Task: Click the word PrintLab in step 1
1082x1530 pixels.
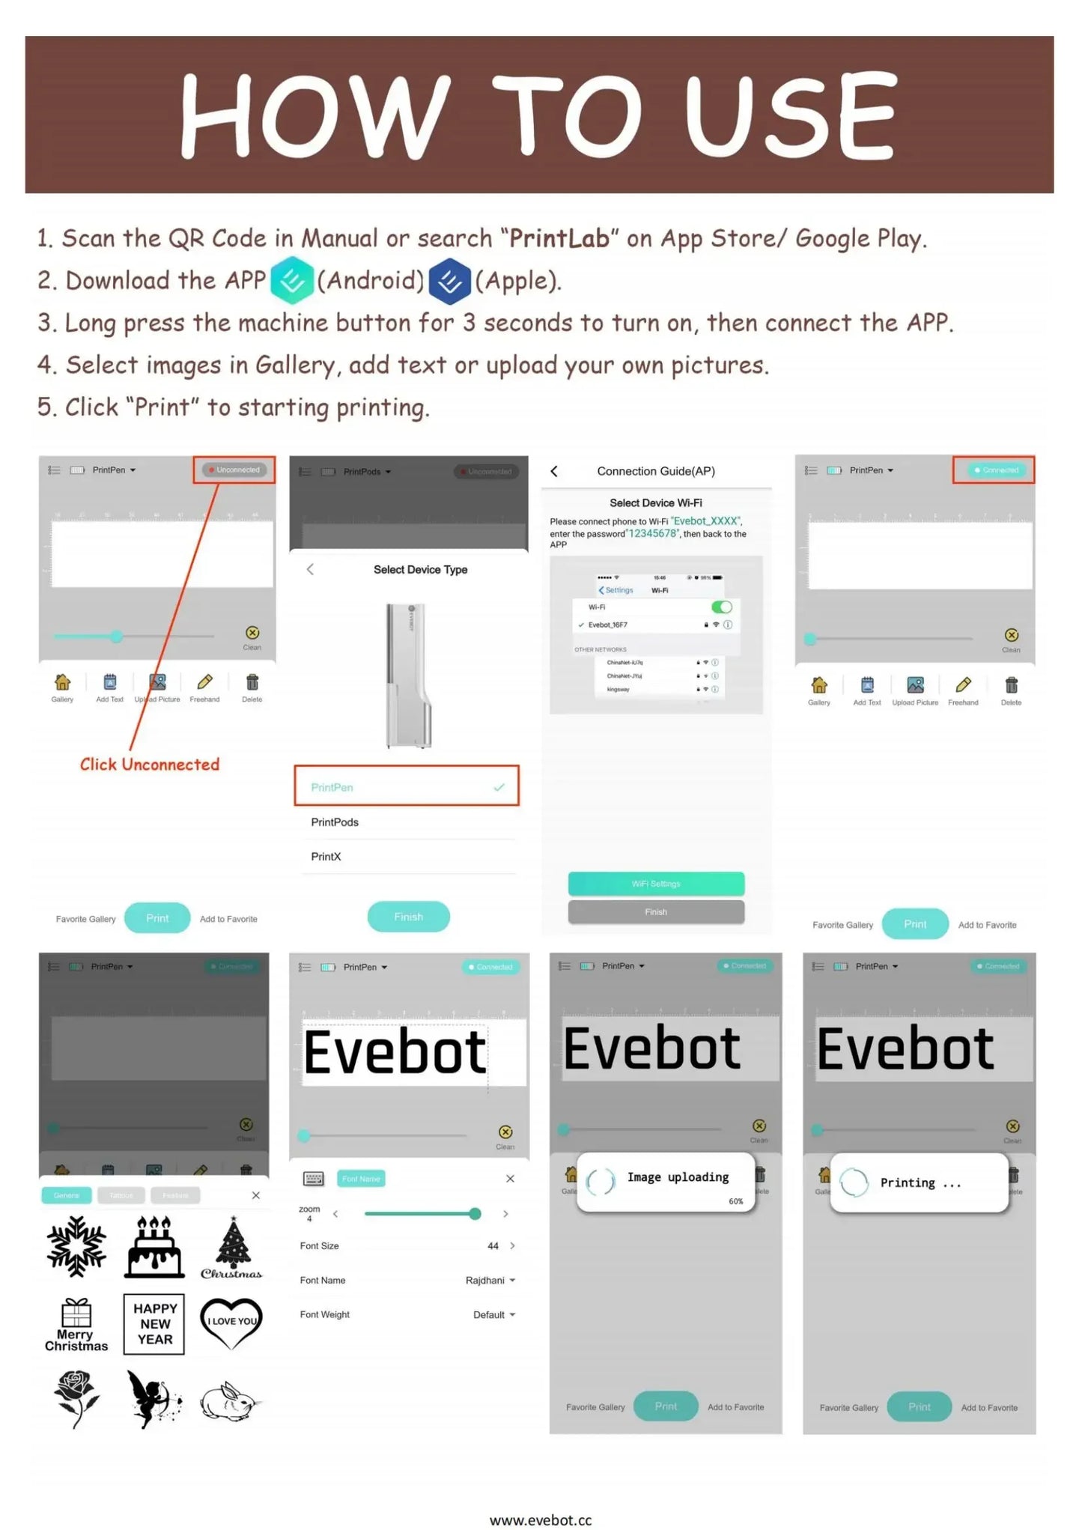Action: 559,239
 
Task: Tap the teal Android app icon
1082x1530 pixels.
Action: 291,280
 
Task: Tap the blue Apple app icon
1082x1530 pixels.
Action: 449,281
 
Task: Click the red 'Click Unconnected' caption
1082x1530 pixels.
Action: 150,765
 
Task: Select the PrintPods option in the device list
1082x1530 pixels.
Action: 335,822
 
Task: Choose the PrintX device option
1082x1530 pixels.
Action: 326,857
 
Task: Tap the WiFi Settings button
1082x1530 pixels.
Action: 656,884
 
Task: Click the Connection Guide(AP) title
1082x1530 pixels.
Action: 656,471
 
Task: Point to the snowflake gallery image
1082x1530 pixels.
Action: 76,1247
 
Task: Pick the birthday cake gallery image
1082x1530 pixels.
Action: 154,1247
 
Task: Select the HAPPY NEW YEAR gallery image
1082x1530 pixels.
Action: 154,1324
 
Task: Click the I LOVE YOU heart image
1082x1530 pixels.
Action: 232,1323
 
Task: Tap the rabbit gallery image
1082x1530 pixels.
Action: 229,1401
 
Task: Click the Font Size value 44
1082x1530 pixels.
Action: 493,1246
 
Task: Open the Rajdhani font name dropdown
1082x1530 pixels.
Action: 490,1281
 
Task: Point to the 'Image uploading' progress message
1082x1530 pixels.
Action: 677,1178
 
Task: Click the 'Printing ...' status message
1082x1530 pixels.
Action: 920,1183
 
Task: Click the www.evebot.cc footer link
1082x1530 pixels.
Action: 541,1520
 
